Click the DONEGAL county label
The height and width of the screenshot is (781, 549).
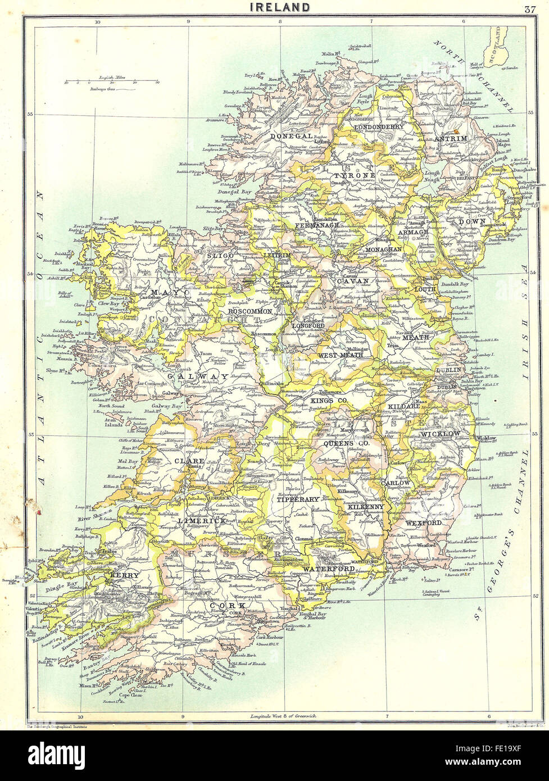click(x=291, y=136)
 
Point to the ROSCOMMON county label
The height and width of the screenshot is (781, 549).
click(x=249, y=311)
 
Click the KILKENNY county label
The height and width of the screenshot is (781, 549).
click(x=365, y=507)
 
